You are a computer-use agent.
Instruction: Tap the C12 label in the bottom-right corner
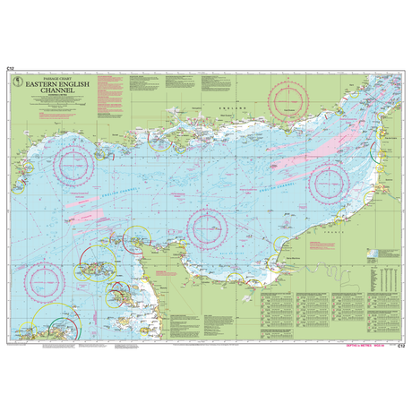pos(402,343)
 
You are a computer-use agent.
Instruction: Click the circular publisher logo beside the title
pos(19,87)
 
